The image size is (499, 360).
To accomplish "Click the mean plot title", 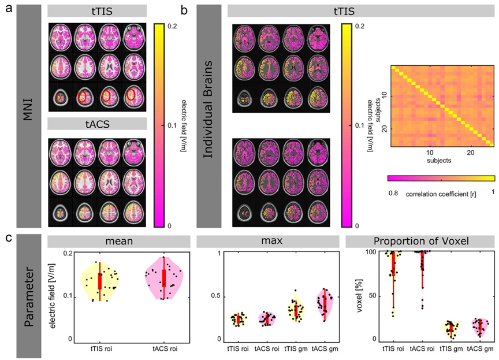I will coord(119,242).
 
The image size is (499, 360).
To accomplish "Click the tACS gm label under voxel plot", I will coord(481,349).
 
